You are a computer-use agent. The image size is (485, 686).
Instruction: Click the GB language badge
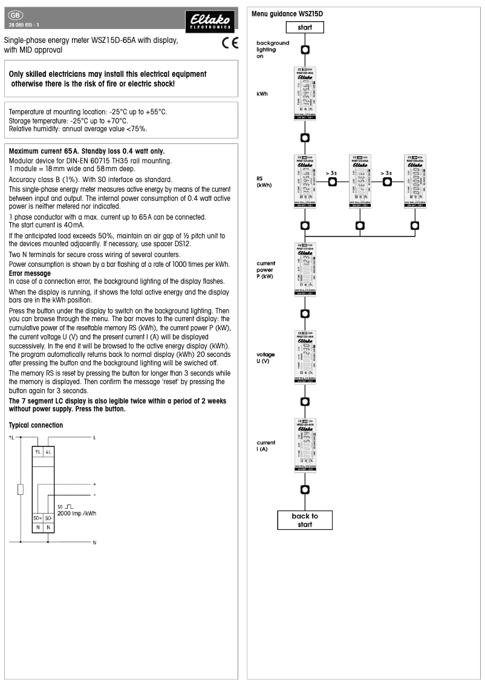tap(16, 15)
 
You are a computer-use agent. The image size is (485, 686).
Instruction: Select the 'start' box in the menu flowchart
tap(305, 27)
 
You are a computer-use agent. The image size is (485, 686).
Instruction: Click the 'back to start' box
tap(304, 520)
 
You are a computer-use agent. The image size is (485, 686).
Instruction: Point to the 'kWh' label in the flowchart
tap(262, 94)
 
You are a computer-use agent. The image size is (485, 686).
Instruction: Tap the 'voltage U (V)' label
tap(265, 357)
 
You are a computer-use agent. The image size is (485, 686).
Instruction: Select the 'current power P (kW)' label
tap(265, 269)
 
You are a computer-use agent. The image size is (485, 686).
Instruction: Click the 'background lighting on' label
tap(273, 50)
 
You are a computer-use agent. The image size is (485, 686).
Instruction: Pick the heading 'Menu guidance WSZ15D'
tap(287, 13)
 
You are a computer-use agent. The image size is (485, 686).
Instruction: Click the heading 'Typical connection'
tap(36, 425)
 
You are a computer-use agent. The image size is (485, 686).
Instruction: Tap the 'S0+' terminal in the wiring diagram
tap(37, 518)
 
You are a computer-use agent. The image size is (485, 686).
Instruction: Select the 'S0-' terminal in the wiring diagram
tap(49, 518)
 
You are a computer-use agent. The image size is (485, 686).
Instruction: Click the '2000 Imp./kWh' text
tap(77, 513)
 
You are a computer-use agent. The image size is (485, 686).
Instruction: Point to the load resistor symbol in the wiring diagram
tap(21, 489)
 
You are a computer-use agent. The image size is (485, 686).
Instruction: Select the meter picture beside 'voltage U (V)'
tap(305, 357)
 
